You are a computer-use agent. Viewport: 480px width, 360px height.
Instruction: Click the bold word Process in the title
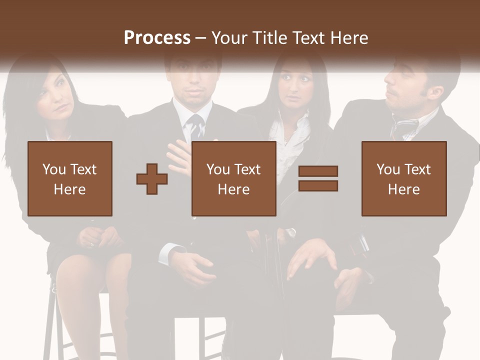tap(157, 38)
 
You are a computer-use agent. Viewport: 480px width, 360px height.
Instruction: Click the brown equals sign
tap(318, 178)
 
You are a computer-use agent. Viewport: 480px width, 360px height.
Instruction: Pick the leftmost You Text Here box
tap(70, 178)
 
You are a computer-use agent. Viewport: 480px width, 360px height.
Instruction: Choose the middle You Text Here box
tap(233, 178)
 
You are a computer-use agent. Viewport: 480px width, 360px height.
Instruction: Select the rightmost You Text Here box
tap(403, 178)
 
